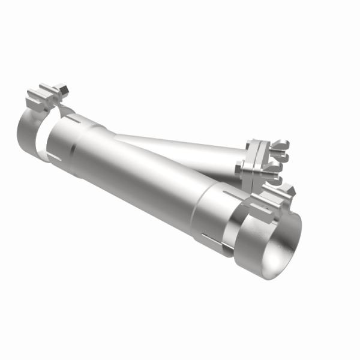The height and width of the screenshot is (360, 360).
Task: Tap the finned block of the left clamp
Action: [42, 99]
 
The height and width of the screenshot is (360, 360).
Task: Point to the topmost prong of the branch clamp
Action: [281, 144]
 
